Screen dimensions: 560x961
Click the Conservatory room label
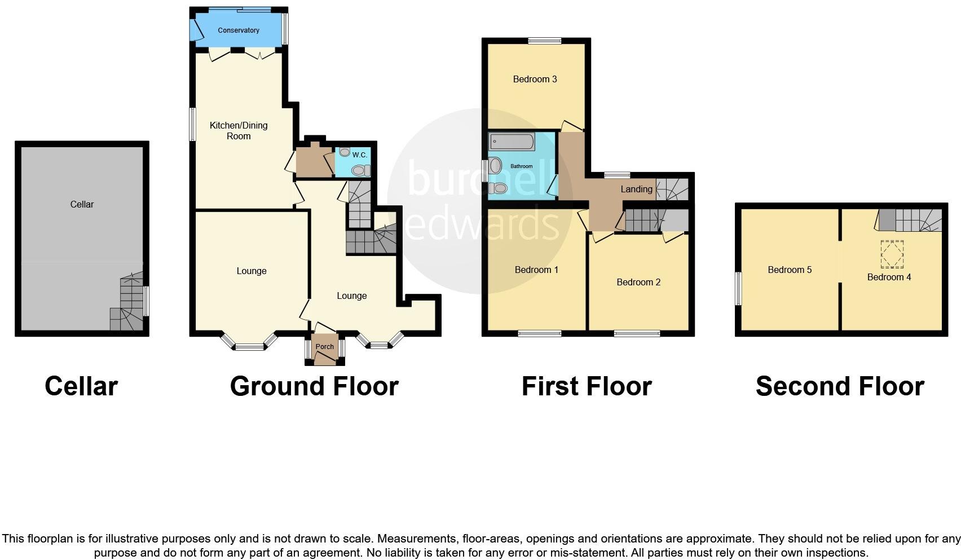coord(238,30)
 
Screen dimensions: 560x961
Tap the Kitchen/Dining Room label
coord(238,130)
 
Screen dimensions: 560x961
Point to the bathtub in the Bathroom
coord(512,142)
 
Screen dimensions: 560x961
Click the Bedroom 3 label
coord(535,79)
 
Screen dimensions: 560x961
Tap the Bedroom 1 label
coord(536,270)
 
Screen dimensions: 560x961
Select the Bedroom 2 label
coord(638,282)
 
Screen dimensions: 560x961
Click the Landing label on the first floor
coord(636,189)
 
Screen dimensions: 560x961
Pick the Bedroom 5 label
coord(790,270)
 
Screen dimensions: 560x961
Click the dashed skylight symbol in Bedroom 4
coord(892,254)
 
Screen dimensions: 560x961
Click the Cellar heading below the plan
coord(81,386)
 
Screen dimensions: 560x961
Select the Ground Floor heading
coord(314,386)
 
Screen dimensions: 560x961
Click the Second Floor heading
coord(839,386)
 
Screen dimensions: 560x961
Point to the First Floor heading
coord(587,386)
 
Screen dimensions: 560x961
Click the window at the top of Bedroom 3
coord(545,41)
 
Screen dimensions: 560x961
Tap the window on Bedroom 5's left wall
coord(738,289)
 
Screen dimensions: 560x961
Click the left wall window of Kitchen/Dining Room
coord(192,124)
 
